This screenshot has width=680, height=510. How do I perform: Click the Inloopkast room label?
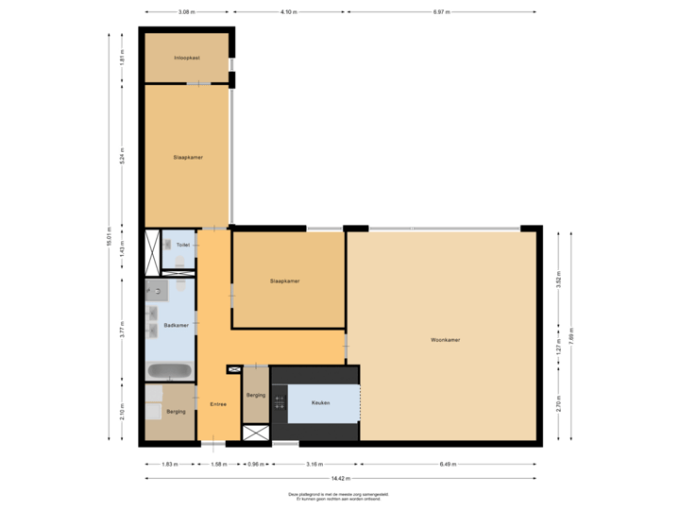click(186, 58)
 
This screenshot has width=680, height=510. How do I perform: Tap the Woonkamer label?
click(445, 339)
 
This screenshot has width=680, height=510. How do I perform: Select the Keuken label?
click(322, 403)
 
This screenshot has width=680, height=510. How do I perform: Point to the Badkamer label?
click(176, 325)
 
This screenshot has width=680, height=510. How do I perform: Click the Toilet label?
click(183, 245)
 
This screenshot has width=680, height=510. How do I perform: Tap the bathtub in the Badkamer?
click(170, 370)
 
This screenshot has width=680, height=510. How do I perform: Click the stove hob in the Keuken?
click(279, 403)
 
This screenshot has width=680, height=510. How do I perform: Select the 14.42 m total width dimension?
click(343, 479)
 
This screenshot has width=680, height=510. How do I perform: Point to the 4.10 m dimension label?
click(288, 12)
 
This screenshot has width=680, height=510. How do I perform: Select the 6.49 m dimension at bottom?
click(448, 464)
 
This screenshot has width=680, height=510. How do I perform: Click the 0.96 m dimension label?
click(255, 464)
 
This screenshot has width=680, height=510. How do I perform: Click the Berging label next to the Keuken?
click(254, 395)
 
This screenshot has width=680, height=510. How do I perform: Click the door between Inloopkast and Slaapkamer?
click(198, 84)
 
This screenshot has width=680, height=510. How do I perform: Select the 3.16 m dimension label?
click(314, 464)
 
